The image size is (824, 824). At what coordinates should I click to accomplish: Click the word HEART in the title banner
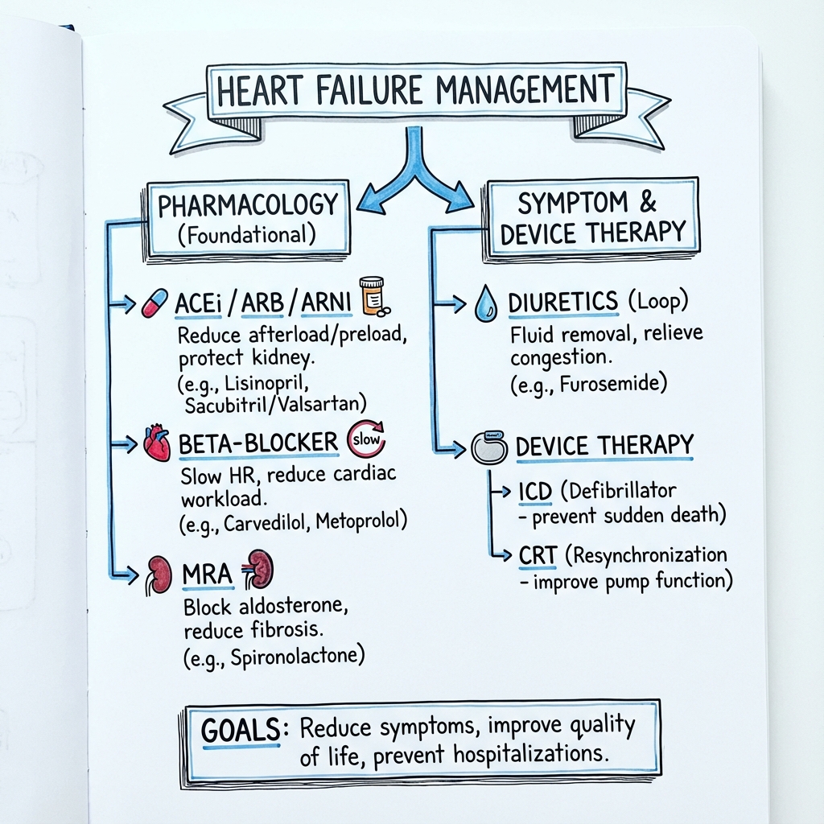coord(260,89)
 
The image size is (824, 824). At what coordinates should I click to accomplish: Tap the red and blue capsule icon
coord(155,303)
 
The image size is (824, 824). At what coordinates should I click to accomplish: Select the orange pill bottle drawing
coord(373,296)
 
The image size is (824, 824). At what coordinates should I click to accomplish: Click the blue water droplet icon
coord(485,303)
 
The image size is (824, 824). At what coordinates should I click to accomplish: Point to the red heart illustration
coord(157,443)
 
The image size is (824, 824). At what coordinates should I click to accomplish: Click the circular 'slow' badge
coord(366,439)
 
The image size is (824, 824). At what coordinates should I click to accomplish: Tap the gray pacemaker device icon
coord(489,447)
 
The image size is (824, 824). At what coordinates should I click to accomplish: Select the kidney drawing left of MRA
coord(159,575)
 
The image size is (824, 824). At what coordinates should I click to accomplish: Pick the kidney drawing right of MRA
coord(258,569)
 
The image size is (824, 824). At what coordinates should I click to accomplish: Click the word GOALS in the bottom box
coord(241,731)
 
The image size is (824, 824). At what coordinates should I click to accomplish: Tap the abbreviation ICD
coord(535,492)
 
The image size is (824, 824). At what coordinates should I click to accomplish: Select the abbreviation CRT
coord(538,556)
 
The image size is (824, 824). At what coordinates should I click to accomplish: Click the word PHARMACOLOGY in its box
coord(248,205)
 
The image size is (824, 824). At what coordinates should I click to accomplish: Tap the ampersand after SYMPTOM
coord(648,201)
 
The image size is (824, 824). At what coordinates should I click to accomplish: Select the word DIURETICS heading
coord(562,303)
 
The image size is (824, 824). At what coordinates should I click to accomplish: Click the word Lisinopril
coord(266,384)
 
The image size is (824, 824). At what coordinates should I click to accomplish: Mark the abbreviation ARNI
coord(326,303)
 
